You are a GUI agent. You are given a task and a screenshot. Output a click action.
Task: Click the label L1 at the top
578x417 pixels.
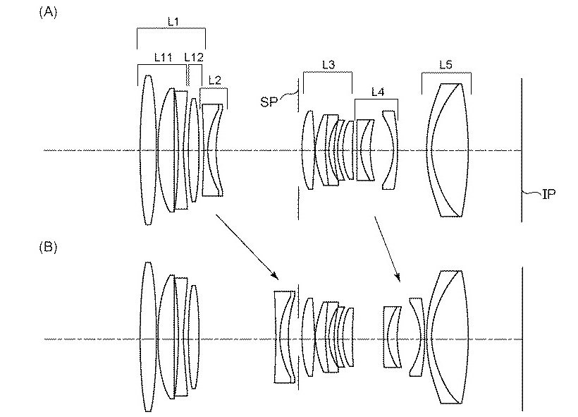point(173,21)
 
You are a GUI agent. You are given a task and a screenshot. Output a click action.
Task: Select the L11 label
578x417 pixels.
point(163,57)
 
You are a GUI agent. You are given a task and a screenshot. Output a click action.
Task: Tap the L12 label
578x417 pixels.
point(194,57)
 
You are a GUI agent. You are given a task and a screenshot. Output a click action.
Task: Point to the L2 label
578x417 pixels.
point(214,80)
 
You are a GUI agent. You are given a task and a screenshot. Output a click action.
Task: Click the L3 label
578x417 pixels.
point(328,65)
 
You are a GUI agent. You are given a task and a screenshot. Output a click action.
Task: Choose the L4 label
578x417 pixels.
point(378,92)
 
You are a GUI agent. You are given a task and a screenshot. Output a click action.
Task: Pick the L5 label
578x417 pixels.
point(445,65)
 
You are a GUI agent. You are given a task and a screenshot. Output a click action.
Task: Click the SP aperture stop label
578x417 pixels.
point(269,102)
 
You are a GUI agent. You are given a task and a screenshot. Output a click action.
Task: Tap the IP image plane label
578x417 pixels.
point(549,194)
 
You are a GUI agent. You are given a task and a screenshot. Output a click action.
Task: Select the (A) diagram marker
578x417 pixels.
point(48,12)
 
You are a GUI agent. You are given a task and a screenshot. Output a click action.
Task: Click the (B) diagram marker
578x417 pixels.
point(48,246)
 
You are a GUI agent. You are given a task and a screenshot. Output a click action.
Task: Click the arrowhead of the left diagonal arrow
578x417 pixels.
point(275,276)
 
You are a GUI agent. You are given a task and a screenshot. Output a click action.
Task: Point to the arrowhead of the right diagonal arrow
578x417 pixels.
point(398,278)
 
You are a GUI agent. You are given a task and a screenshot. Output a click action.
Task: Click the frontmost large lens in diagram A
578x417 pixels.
point(148,150)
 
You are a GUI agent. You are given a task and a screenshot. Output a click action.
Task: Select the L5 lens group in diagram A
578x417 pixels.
point(448,150)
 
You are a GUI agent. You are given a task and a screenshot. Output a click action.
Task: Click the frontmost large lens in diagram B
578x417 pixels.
point(148,337)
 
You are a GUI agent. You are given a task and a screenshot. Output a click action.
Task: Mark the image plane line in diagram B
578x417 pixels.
point(522,339)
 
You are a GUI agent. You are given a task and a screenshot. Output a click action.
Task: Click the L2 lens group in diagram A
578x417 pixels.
point(213,150)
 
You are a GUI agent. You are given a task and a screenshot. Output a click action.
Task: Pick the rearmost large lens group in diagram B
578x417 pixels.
point(448,337)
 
